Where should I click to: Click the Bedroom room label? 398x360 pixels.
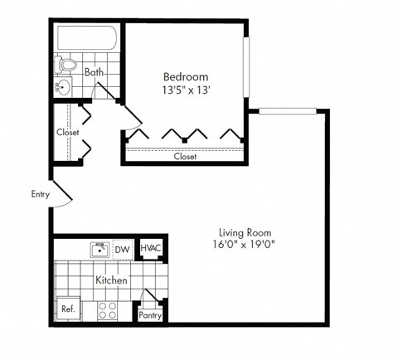pyautogui.click(x=185, y=76)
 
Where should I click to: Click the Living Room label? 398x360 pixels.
pyautogui.click(x=245, y=232)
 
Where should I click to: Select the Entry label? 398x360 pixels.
pyautogui.click(x=40, y=195)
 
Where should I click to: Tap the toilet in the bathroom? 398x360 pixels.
pyautogui.click(x=67, y=64)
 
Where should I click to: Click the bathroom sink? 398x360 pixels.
pyautogui.click(x=64, y=85)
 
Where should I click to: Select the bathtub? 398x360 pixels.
pyautogui.click(x=87, y=38)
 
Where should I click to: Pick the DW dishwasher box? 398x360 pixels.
pyautogui.click(x=122, y=250)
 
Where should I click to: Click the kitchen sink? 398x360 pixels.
pyautogui.click(x=99, y=249)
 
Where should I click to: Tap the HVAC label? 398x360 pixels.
pyautogui.click(x=150, y=248)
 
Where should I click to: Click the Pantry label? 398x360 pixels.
pyautogui.click(x=150, y=314)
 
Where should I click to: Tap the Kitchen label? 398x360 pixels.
pyautogui.click(x=111, y=280)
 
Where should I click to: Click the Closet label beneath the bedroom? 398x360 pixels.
pyautogui.click(x=185, y=155)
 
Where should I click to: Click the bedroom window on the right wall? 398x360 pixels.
pyautogui.click(x=245, y=66)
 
